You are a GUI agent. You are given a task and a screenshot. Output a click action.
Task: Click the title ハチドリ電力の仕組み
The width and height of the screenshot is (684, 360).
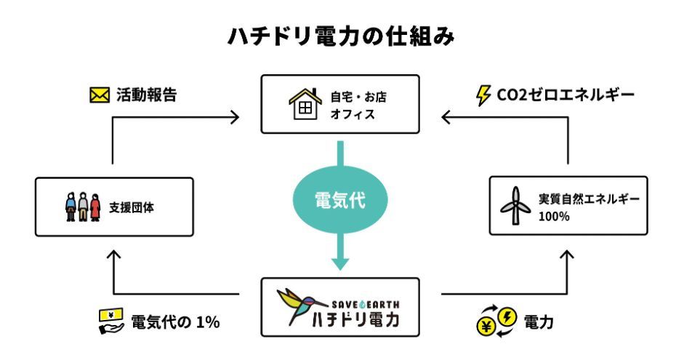tap(342, 36)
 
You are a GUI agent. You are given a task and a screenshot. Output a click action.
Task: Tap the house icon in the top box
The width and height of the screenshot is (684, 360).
tap(306, 103)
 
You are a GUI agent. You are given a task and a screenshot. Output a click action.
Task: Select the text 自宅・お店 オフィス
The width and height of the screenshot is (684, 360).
tap(356, 104)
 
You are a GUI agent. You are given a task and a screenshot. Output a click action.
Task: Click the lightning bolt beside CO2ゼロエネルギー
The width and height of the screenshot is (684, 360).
tap(482, 95)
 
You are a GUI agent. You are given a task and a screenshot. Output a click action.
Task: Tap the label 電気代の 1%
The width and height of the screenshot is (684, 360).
tap(174, 321)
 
